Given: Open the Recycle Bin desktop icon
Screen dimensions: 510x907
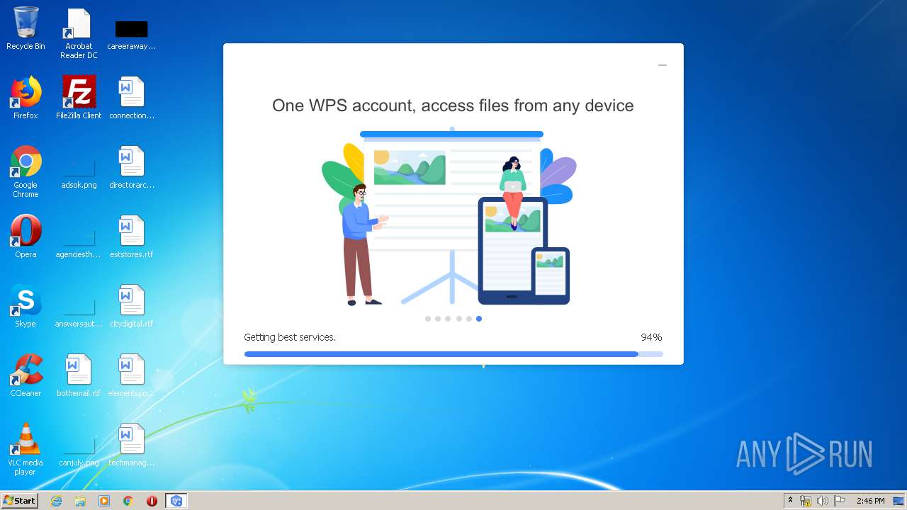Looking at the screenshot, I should tap(26, 23).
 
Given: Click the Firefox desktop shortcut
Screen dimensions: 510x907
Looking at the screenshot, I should tap(26, 92).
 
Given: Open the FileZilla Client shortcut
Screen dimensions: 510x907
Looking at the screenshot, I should tap(79, 92).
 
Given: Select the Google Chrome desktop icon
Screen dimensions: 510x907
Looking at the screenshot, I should tap(26, 161).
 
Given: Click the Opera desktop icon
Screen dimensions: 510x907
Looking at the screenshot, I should tap(26, 231).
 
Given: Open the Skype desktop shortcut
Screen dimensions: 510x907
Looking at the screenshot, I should tap(26, 300).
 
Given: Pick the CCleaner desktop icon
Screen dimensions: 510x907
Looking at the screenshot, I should tap(26, 370).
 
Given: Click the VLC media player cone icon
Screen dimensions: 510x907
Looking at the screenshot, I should tap(26, 439).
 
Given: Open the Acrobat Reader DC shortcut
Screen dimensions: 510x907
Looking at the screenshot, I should tap(79, 24).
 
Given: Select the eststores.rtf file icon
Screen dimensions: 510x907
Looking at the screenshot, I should tap(131, 231).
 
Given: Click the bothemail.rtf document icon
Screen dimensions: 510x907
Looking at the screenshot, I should tap(79, 370).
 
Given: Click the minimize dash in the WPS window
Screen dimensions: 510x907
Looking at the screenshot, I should tap(663, 65).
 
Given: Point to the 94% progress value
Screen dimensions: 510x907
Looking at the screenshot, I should tap(651, 337).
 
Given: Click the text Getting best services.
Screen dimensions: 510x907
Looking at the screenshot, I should tap(290, 337).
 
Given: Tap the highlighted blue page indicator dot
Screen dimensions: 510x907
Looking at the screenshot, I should tap(479, 319).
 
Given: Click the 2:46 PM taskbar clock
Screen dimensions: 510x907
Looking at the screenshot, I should tap(870, 501).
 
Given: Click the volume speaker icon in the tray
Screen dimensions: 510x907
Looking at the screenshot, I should tap(822, 501).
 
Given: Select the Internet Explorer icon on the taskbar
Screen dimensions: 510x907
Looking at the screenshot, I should tap(56, 501).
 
